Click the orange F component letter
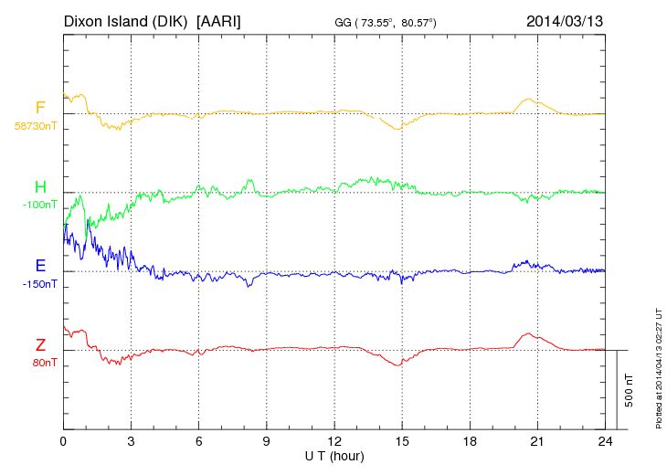pyautogui.click(x=40, y=108)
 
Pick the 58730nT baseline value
pyautogui.click(x=35, y=126)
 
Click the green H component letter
pyautogui.click(x=40, y=187)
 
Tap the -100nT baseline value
pyautogui.click(x=38, y=205)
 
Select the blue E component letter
pyautogui.click(x=40, y=266)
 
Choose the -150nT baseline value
pyautogui.click(x=38, y=284)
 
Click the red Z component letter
pyautogui.click(x=40, y=345)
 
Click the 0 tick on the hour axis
pyautogui.click(x=63, y=441)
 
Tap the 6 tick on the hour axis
pyautogui.click(x=198, y=441)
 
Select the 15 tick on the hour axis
pyautogui.click(x=402, y=441)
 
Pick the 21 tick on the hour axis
pyautogui.click(x=537, y=441)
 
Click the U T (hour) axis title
pyautogui.click(x=334, y=455)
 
